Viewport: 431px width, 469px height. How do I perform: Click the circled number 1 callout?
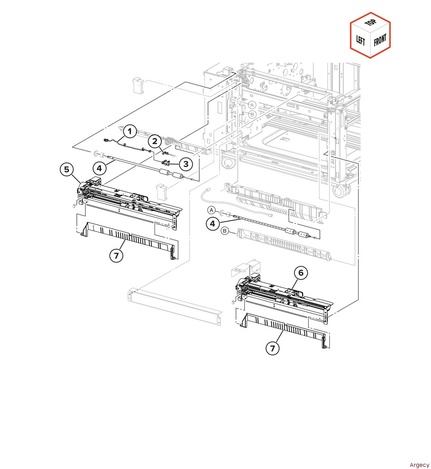130,131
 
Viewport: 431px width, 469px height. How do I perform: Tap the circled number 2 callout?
155,141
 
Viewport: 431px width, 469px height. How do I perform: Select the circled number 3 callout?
186,164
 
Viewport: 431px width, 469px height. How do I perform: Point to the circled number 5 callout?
67,170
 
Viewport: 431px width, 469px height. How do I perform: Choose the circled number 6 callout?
301,273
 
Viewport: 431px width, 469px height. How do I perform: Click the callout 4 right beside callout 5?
99,168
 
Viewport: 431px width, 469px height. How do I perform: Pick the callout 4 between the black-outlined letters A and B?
213,224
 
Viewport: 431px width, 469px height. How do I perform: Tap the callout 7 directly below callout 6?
273,348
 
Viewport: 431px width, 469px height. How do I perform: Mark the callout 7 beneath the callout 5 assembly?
116,256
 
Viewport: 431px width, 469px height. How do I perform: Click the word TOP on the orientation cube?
371,22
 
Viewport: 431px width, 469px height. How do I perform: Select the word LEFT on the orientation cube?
360,40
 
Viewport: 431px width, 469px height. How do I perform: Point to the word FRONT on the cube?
380,40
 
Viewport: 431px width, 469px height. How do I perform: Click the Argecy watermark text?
419,465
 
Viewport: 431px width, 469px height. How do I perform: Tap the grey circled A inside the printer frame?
252,105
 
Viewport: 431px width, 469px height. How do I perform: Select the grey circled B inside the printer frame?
252,114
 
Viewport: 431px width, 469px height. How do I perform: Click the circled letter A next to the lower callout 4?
212,210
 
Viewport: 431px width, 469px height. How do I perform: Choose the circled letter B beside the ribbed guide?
225,231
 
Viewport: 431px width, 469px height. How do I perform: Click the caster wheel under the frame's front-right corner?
341,191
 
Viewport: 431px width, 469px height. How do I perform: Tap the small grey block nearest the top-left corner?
138,85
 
